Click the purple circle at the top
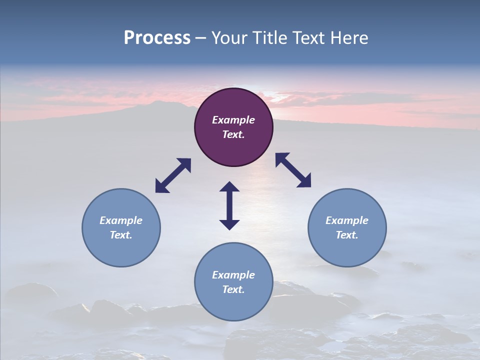pyautogui.click(x=233, y=127)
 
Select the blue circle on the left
pyautogui.click(x=121, y=227)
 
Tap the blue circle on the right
pyautogui.click(x=347, y=227)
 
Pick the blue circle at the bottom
pyautogui.click(x=233, y=282)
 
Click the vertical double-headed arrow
pyautogui.click(x=229, y=205)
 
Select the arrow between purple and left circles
pyautogui.click(x=173, y=175)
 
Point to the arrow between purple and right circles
pyautogui.click(x=293, y=170)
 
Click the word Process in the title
pyautogui.click(x=157, y=37)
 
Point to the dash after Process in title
pyautogui.click(x=200, y=38)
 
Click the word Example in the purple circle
pyautogui.click(x=233, y=120)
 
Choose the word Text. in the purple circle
pyautogui.click(x=233, y=134)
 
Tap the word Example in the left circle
pyautogui.click(x=121, y=220)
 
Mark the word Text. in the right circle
pyautogui.click(x=347, y=235)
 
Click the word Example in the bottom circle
pyautogui.click(x=233, y=275)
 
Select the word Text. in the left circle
pyautogui.click(x=121, y=235)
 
